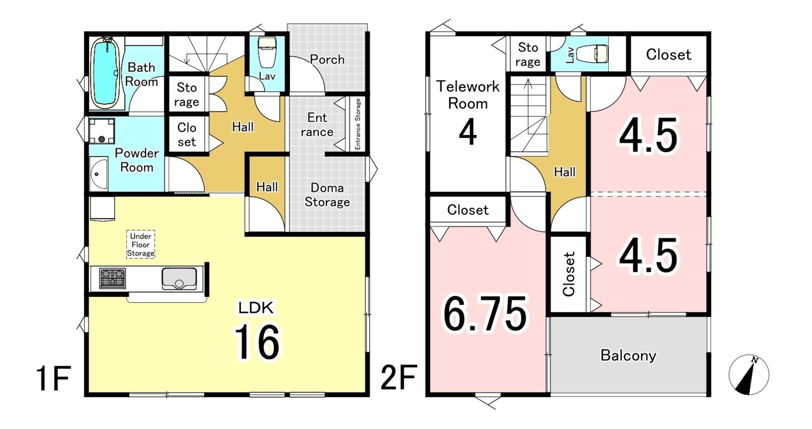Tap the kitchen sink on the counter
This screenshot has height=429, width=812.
[179, 278]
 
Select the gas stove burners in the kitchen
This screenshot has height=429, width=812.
[113, 278]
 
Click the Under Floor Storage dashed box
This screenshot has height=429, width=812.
[141, 244]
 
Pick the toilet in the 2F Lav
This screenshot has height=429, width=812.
[592, 54]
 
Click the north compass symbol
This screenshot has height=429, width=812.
[749, 375]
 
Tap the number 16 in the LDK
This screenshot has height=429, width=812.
[257, 342]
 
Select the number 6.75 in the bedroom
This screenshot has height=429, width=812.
[485, 314]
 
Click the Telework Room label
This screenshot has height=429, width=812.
[468, 95]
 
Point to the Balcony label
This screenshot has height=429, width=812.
[628, 355]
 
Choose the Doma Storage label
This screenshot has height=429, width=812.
[327, 195]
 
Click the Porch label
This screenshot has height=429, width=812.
[327, 59]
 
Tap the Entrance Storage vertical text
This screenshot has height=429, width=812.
[358, 124]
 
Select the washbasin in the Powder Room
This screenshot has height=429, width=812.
[98, 174]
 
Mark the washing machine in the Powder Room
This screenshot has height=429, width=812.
[102, 131]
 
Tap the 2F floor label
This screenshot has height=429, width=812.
[398, 378]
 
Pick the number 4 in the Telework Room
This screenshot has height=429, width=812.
[468, 133]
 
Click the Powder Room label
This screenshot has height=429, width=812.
[137, 160]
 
